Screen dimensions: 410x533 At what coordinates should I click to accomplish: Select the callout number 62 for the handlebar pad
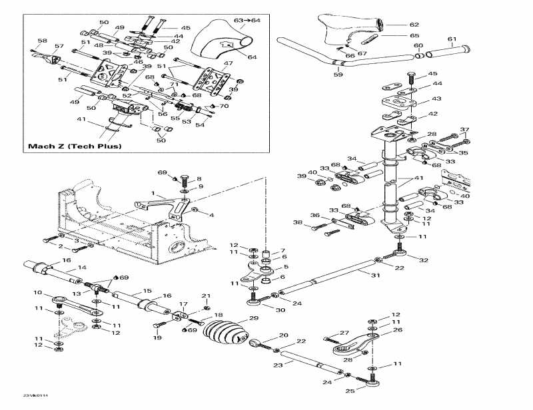tap(414, 25)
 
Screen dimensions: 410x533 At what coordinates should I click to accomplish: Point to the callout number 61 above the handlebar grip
tap(452, 39)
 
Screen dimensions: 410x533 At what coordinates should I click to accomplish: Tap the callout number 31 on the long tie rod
tap(375, 276)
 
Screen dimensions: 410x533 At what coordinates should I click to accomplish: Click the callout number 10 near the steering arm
tap(37, 293)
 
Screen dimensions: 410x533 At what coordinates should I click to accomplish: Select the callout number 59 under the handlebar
tap(338, 75)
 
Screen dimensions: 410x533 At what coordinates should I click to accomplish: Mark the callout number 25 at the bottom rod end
tap(350, 391)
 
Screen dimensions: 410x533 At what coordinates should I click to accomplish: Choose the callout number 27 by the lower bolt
tap(344, 333)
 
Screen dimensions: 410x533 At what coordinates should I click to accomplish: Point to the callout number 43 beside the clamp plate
tap(436, 99)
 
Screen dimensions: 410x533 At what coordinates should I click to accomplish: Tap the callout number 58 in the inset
tap(43, 41)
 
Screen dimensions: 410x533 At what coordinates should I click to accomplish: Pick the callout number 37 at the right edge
tap(464, 130)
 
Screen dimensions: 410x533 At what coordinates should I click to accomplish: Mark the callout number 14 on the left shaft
tap(82, 268)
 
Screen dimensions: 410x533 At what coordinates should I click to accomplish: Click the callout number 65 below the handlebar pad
tap(414, 35)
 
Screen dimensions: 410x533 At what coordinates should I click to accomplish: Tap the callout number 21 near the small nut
tap(206, 296)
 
